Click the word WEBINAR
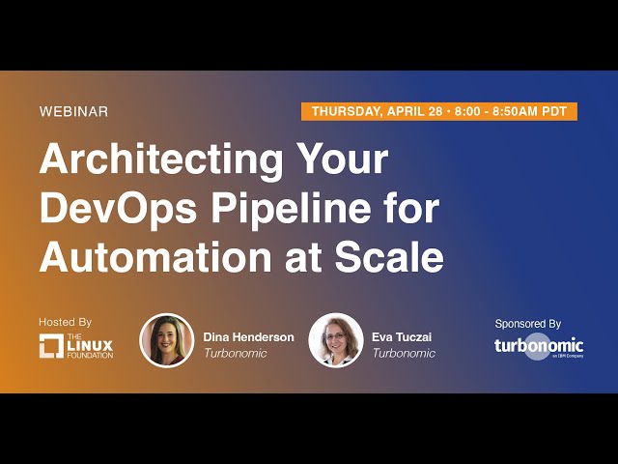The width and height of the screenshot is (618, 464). pos(73,111)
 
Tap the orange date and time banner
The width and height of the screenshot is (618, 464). pos(439,111)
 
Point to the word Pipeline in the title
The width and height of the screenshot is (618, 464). pos(290,208)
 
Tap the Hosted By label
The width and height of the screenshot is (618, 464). pos(65,322)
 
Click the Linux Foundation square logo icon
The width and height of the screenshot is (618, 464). pos(51,345)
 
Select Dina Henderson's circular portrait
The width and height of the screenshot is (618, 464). pos(167,340)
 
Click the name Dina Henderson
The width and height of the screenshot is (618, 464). pos(248,337)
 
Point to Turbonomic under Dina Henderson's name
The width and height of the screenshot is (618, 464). pos(235,354)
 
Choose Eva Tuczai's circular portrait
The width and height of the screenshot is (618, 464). pos(335,340)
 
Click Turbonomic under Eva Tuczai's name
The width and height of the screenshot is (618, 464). pos(403,354)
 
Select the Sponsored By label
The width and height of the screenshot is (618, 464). pos(527,324)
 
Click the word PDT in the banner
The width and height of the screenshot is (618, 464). pos(554,111)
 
